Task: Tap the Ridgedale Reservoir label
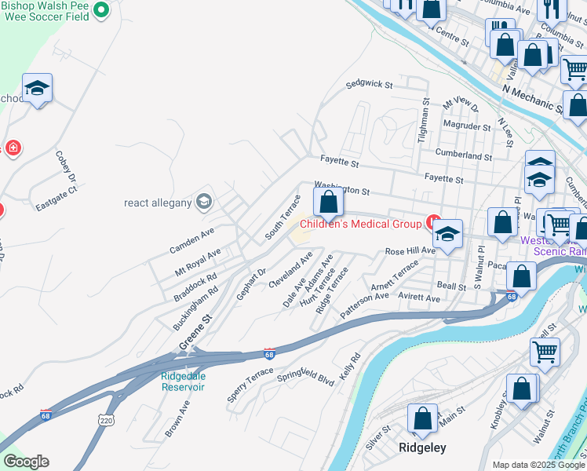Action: [183, 381]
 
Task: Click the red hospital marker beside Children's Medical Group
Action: [431, 222]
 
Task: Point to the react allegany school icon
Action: [204, 202]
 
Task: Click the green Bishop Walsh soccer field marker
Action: [100, 10]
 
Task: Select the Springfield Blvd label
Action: [306, 377]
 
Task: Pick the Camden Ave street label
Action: [191, 240]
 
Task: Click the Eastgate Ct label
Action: [57, 199]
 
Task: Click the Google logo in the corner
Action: [26, 462]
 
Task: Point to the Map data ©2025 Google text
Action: [538, 465]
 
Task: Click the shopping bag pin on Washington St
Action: [329, 203]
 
